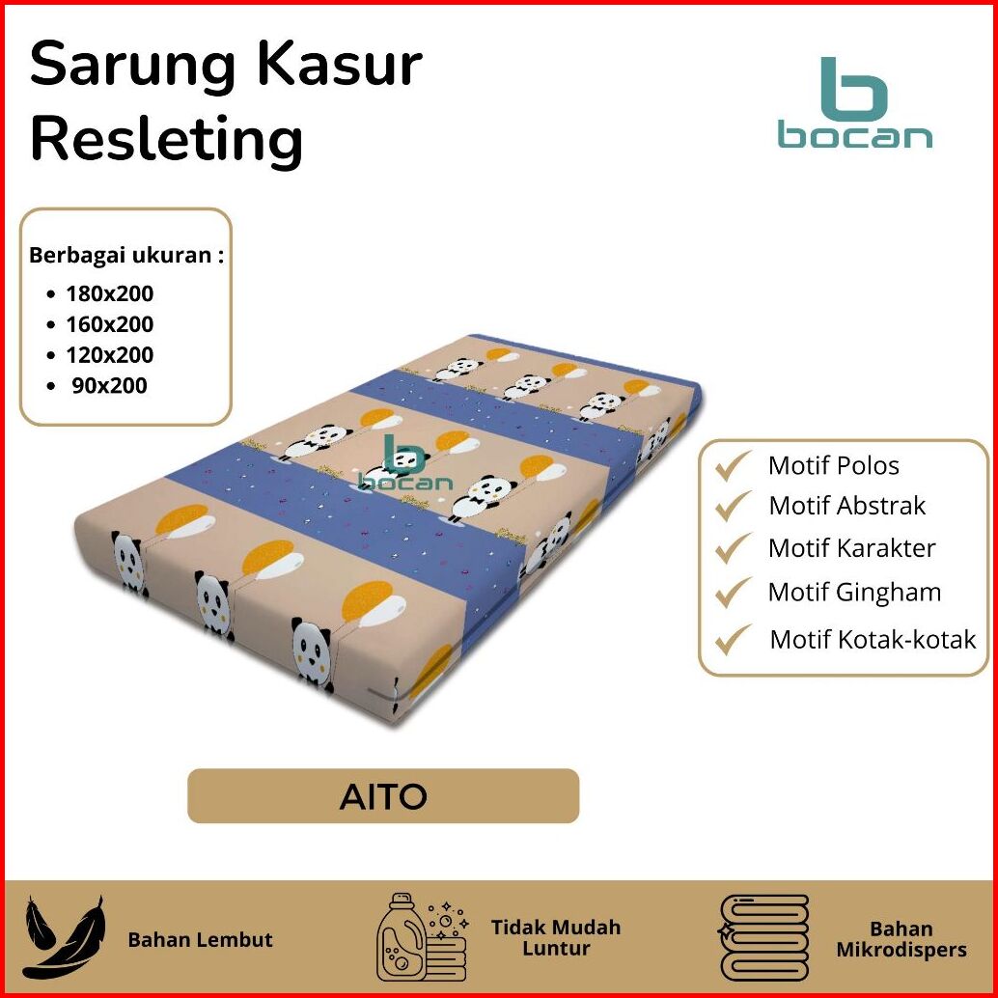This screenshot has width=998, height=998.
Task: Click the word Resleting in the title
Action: tap(167, 139)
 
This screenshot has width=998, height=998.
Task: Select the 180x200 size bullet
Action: tap(109, 293)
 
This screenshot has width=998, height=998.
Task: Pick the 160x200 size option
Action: tap(109, 324)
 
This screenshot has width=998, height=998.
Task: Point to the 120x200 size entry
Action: tap(109, 355)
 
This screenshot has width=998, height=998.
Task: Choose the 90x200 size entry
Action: tap(109, 386)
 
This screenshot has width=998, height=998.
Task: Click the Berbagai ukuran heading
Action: tap(126, 256)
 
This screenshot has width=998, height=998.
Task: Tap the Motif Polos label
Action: tap(833, 466)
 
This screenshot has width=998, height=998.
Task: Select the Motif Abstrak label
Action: tap(846, 506)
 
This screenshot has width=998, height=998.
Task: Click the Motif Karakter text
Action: tap(851, 549)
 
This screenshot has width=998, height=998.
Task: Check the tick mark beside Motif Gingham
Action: tap(733, 591)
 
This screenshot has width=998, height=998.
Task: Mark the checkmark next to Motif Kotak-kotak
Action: tap(733, 638)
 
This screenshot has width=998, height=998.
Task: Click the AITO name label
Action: tap(383, 796)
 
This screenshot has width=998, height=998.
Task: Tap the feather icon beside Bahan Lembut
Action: tap(64, 937)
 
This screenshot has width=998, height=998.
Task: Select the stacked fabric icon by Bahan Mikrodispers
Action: tap(763, 937)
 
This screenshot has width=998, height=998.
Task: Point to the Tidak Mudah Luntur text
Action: tap(556, 937)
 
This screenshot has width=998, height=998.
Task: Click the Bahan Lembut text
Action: tap(200, 939)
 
